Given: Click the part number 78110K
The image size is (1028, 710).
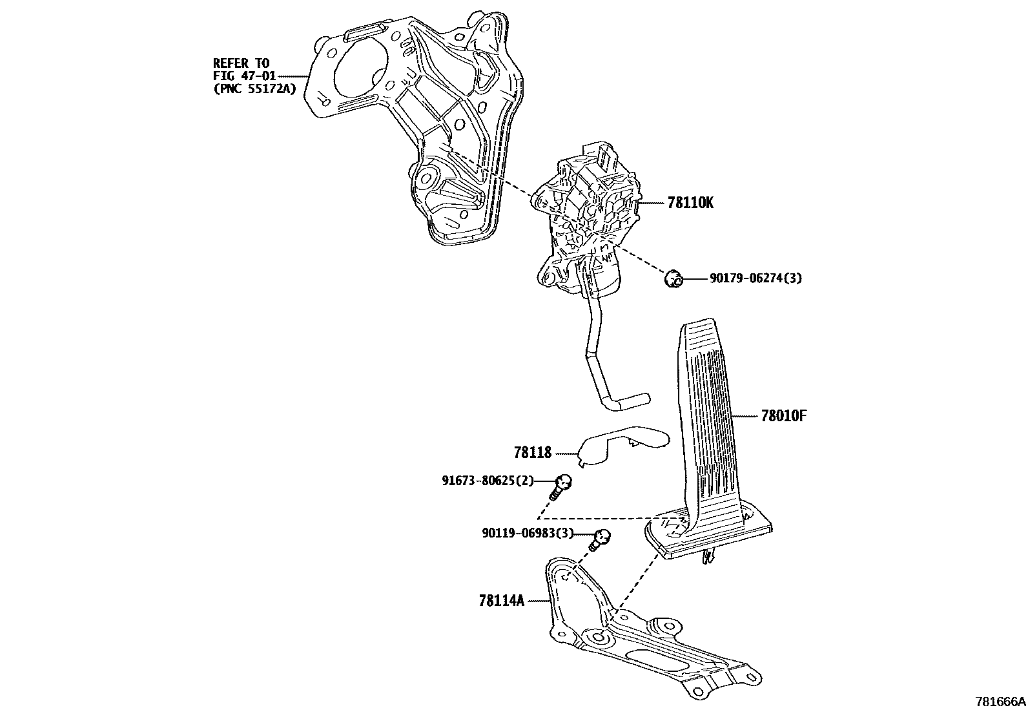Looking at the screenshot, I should (x=690, y=203).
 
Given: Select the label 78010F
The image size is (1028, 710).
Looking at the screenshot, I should (x=783, y=415).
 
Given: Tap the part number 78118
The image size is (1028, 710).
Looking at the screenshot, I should (x=533, y=452).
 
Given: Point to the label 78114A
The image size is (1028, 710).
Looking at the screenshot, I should (x=500, y=601).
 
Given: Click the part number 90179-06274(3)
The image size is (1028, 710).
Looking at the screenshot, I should (x=756, y=278).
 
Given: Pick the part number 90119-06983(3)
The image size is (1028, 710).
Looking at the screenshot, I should (x=528, y=534).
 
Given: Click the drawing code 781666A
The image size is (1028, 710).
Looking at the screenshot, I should (x=1000, y=702).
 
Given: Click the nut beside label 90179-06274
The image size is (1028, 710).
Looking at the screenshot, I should (x=673, y=279).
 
